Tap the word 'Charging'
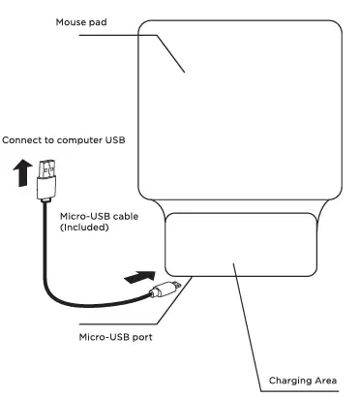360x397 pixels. click(x=288, y=381)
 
